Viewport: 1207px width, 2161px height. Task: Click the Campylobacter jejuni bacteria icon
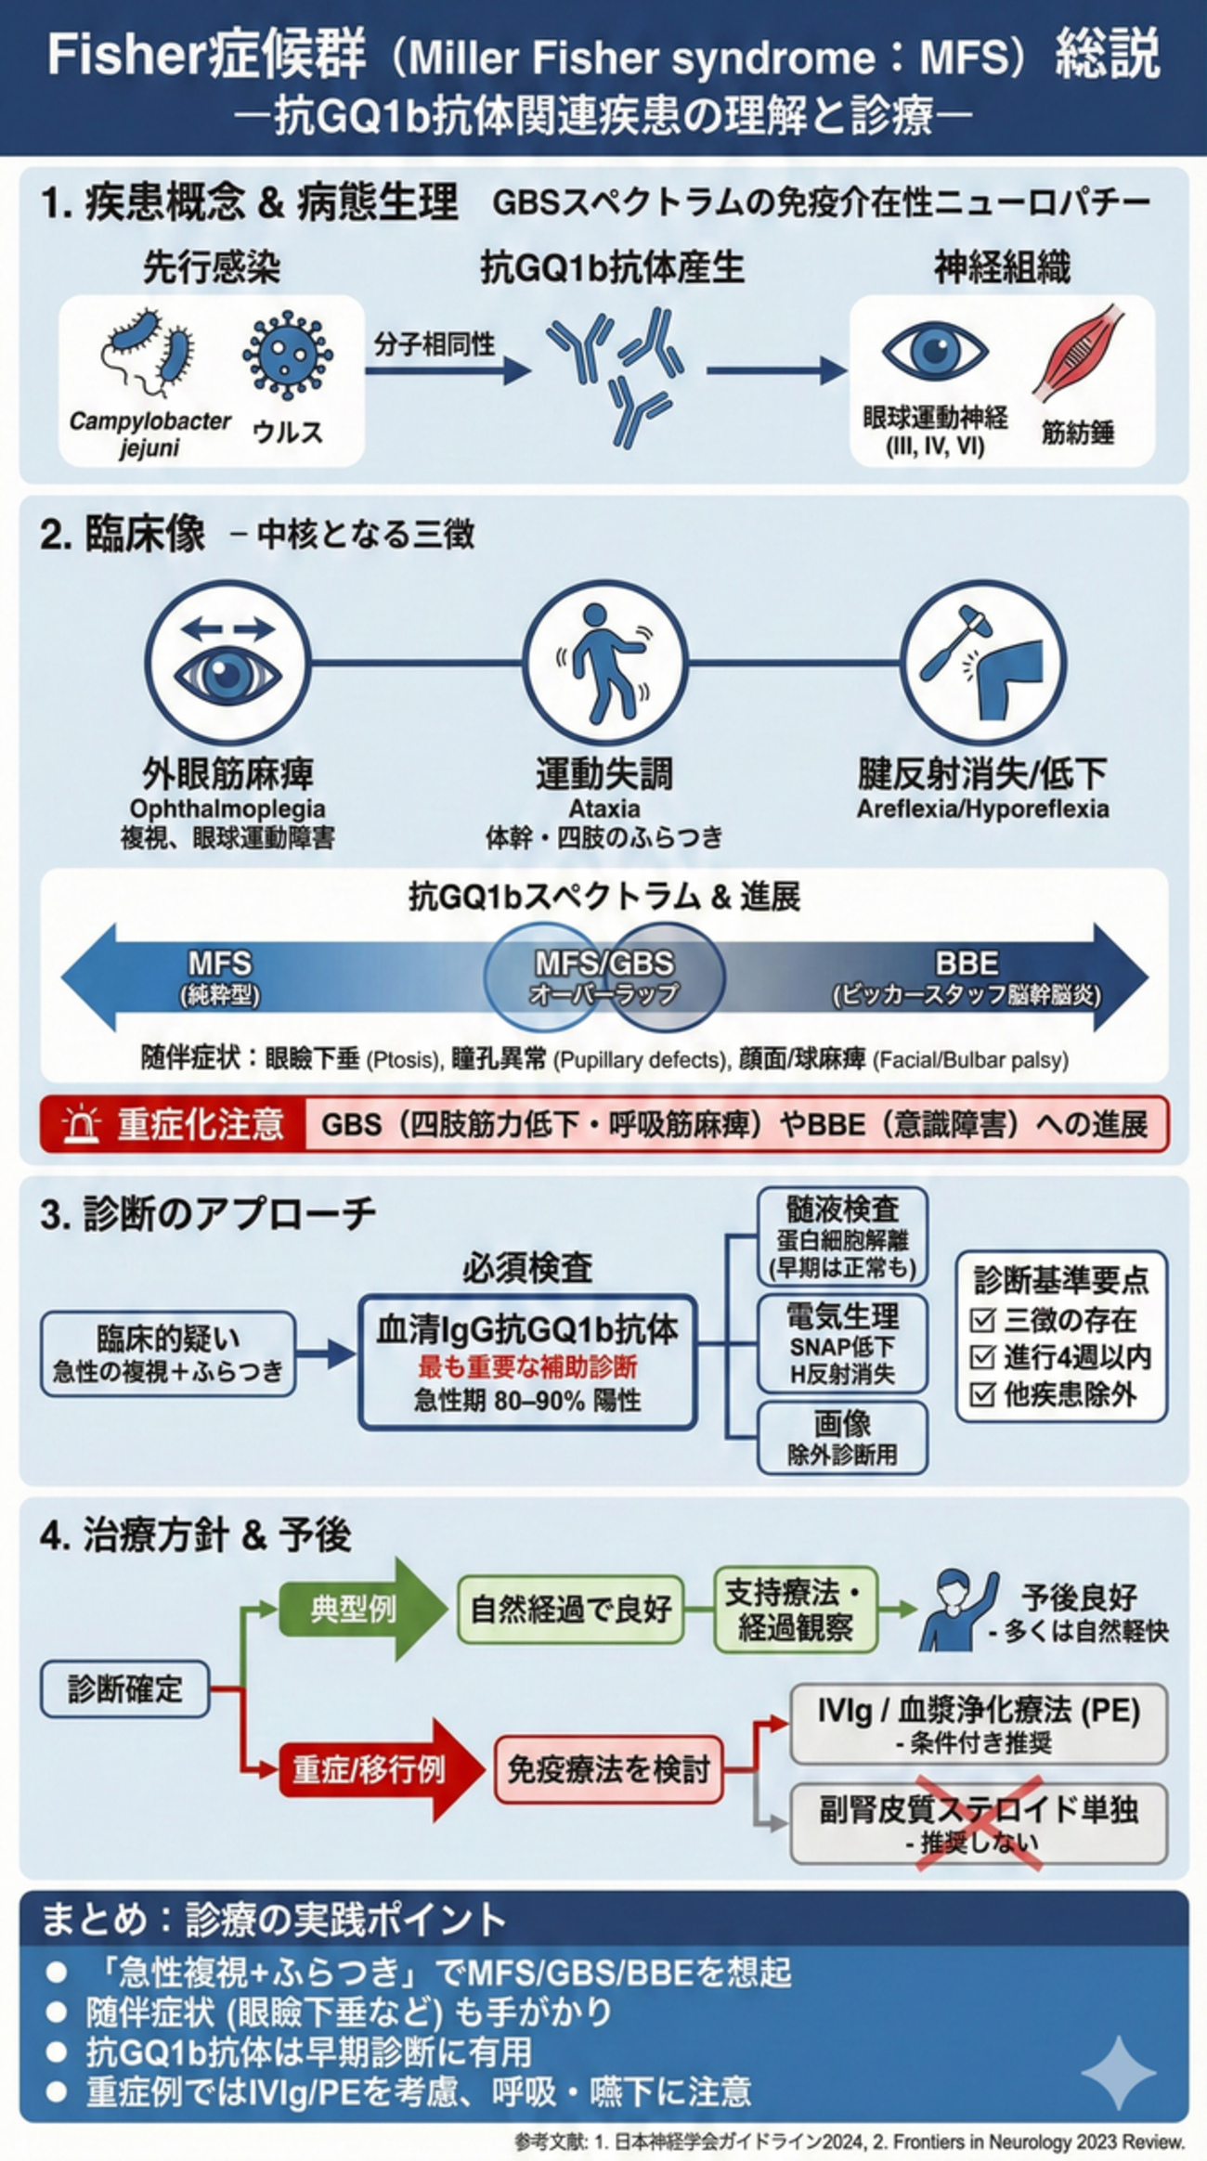tap(149, 357)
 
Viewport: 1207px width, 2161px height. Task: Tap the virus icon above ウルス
tap(287, 356)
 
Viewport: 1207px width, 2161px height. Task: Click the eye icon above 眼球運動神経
tap(935, 352)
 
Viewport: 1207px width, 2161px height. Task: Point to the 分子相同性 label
tap(434, 345)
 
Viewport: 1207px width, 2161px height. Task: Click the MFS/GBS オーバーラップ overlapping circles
tap(604, 977)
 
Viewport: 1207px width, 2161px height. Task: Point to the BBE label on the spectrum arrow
tap(967, 963)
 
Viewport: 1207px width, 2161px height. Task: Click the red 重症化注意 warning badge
tap(173, 1124)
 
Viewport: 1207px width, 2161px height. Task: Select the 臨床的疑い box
tap(168, 1353)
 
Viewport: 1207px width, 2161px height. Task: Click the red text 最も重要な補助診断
tap(527, 1366)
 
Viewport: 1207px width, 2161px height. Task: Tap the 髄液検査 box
tap(843, 1237)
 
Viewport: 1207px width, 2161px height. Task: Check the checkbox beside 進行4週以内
tap(982, 1357)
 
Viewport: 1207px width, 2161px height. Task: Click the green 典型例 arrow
tap(363, 1609)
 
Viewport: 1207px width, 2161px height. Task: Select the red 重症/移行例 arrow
tap(382, 1769)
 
